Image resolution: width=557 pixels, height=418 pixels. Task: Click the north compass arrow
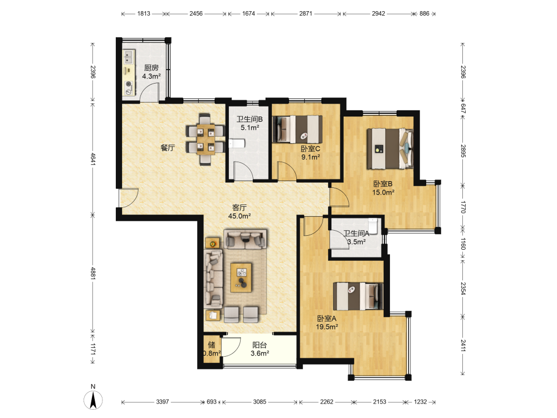[93, 400]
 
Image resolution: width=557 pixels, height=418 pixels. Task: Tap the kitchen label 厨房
[152, 67]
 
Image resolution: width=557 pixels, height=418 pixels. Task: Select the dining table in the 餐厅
[206, 139]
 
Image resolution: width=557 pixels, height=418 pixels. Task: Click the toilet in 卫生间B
[237, 144]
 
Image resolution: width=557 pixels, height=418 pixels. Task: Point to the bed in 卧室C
[297, 129]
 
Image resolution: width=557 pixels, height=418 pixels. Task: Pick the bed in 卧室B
[390, 149]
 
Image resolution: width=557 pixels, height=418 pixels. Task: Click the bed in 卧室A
[358, 296]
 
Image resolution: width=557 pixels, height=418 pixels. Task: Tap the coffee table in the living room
[241, 277]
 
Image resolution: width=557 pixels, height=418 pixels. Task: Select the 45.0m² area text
[240, 216]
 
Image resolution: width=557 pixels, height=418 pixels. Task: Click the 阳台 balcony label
[260, 345]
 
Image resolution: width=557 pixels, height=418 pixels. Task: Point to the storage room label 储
[211, 344]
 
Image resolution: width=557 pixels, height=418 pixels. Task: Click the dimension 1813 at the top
[144, 13]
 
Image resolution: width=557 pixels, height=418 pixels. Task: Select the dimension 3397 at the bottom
[162, 402]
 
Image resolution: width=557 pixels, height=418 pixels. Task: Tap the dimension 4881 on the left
[92, 273]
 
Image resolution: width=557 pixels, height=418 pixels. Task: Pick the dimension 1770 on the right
[463, 207]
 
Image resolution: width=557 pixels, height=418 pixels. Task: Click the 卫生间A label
[356, 234]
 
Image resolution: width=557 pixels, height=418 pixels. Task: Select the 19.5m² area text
[327, 327]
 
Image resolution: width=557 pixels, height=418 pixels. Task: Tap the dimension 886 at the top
[424, 13]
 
